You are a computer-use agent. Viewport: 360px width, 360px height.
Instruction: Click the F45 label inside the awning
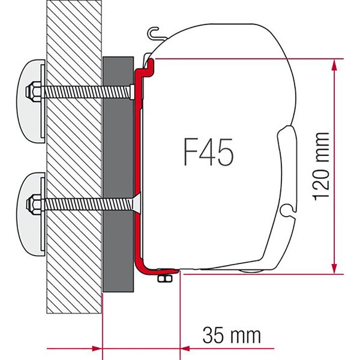(207, 152)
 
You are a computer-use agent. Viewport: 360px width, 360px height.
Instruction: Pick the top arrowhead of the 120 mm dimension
(332, 64)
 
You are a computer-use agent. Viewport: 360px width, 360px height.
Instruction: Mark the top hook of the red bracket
(148, 62)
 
